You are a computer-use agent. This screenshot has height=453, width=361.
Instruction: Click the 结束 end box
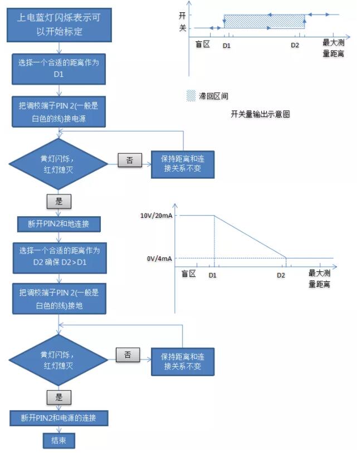[x=59, y=441]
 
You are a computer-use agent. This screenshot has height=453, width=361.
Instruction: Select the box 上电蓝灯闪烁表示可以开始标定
[x=59, y=25]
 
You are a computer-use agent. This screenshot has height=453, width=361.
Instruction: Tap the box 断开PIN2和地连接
[x=59, y=224]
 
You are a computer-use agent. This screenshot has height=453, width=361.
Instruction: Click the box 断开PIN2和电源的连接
[x=59, y=418]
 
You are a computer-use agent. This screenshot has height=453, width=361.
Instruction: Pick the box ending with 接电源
[x=58, y=112]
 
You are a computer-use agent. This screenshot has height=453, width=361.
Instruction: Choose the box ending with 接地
[x=59, y=299]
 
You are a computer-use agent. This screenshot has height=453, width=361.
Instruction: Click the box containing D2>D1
[x=60, y=258]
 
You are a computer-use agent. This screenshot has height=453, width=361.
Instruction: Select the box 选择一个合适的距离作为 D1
[x=58, y=69]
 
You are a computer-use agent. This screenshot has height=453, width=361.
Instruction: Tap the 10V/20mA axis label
[x=156, y=216]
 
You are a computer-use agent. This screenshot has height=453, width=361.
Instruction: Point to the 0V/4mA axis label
[x=159, y=259]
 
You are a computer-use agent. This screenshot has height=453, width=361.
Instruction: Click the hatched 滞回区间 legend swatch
[x=191, y=96]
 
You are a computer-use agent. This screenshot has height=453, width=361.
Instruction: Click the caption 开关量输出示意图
[x=260, y=114]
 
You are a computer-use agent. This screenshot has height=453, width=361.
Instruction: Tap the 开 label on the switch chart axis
[x=182, y=15]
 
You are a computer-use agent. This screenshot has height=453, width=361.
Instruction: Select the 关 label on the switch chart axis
[x=182, y=28]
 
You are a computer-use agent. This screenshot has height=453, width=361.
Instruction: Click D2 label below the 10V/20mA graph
[x=281, y=275]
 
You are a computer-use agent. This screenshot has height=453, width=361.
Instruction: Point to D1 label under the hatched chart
[x=226, y=46]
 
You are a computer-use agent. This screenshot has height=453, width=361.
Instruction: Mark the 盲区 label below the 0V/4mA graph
[x=189, y=273]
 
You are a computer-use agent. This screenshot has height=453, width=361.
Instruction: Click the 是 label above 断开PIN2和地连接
[x=59, y=201]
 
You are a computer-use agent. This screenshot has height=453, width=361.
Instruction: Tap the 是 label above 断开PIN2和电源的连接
[x=59, y=397]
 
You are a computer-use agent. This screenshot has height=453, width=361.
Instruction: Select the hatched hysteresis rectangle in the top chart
[x=264, y=22]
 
